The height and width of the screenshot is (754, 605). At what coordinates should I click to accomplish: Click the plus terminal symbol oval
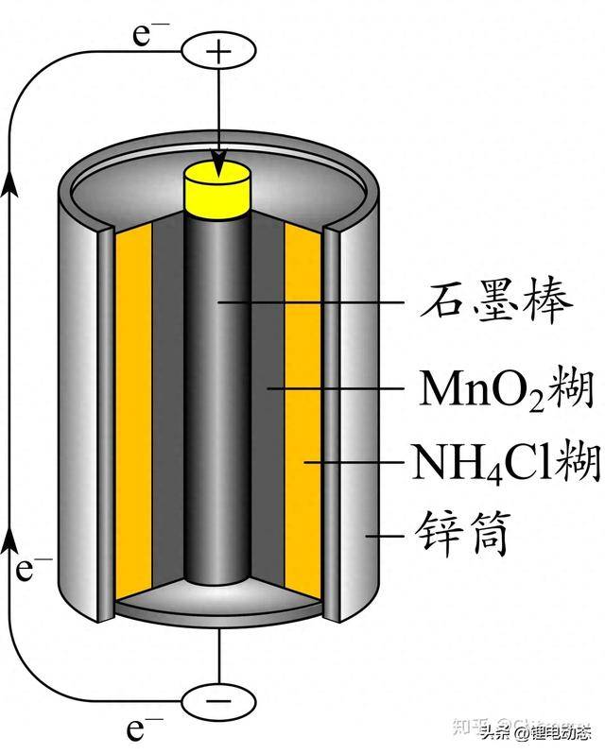218,51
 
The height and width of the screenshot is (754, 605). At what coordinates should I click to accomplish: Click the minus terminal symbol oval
218,700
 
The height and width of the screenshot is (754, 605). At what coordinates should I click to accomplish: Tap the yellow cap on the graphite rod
218,187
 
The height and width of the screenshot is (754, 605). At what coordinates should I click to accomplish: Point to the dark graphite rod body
218,425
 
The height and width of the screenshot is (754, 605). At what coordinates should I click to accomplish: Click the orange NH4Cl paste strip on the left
133,416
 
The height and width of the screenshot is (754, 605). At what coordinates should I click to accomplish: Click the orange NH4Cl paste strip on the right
303,416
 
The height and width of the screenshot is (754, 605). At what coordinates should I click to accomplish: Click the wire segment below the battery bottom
218,652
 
